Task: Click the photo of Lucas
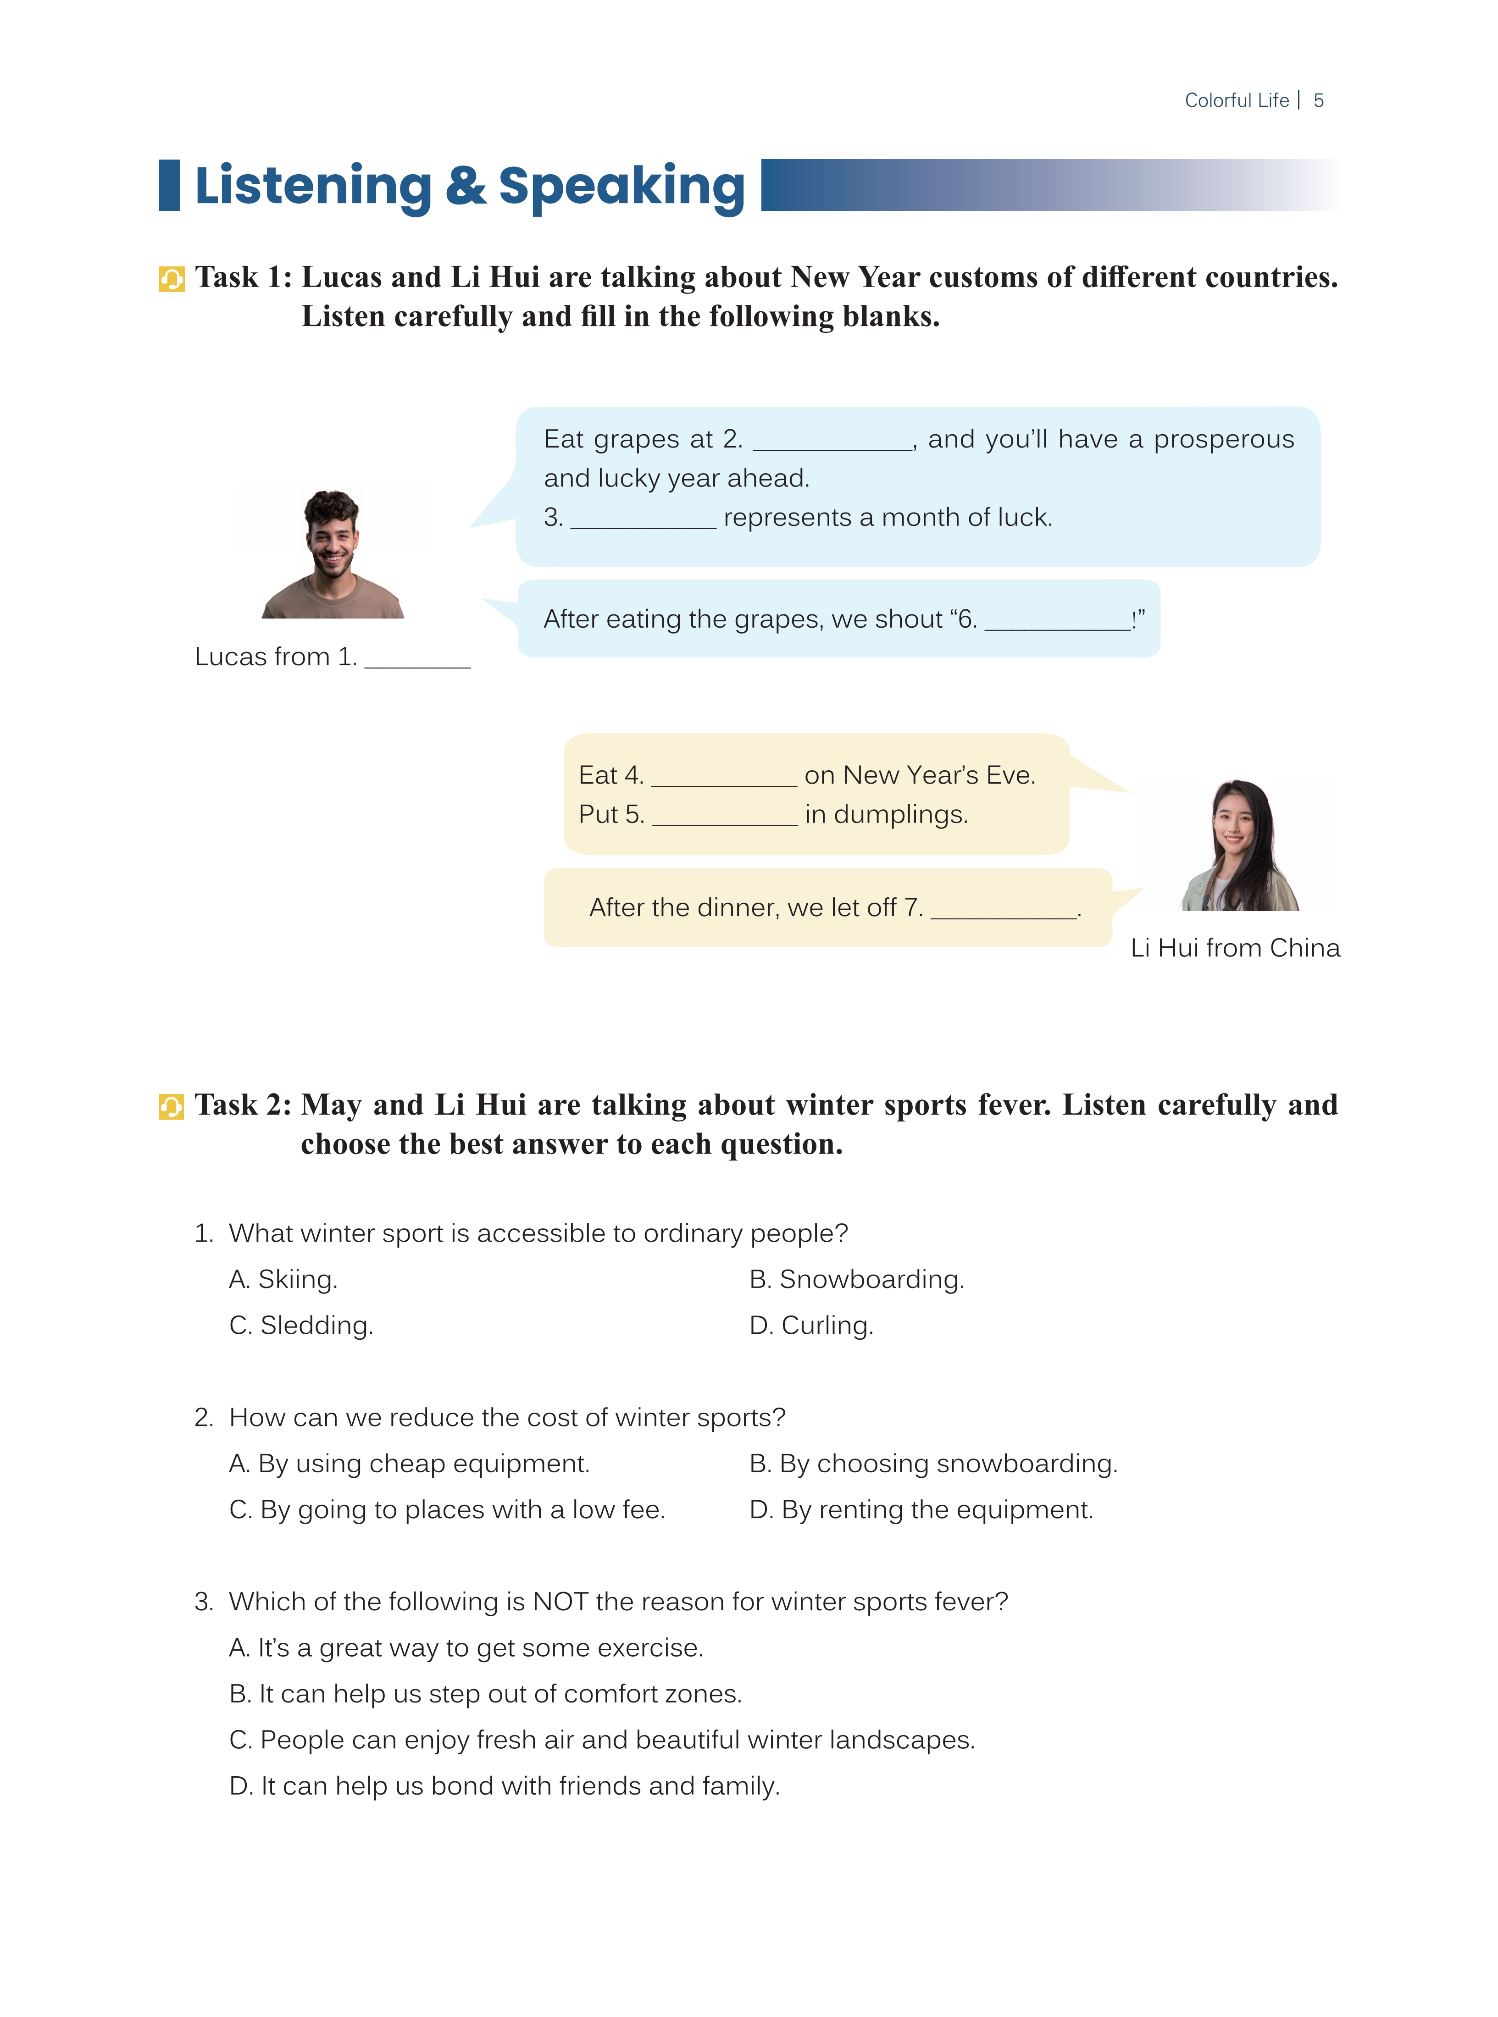click(332, 554)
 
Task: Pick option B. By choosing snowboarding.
click(933, 1463)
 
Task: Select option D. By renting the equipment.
click(921, 1509)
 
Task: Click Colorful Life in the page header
click(1236, 100)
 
